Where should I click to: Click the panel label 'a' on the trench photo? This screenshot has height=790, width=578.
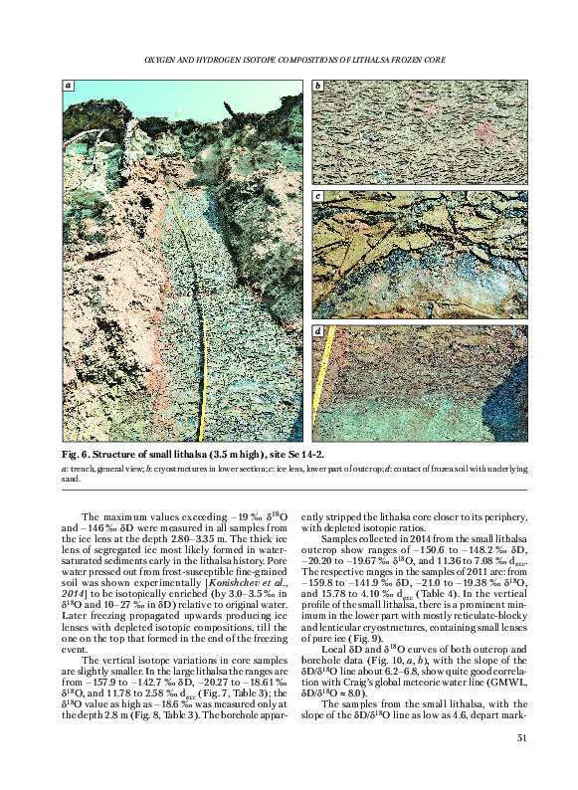(68, 87)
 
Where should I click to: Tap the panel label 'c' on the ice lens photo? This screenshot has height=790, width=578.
(317, 196)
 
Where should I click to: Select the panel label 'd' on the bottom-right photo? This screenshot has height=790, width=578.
(317, 331)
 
